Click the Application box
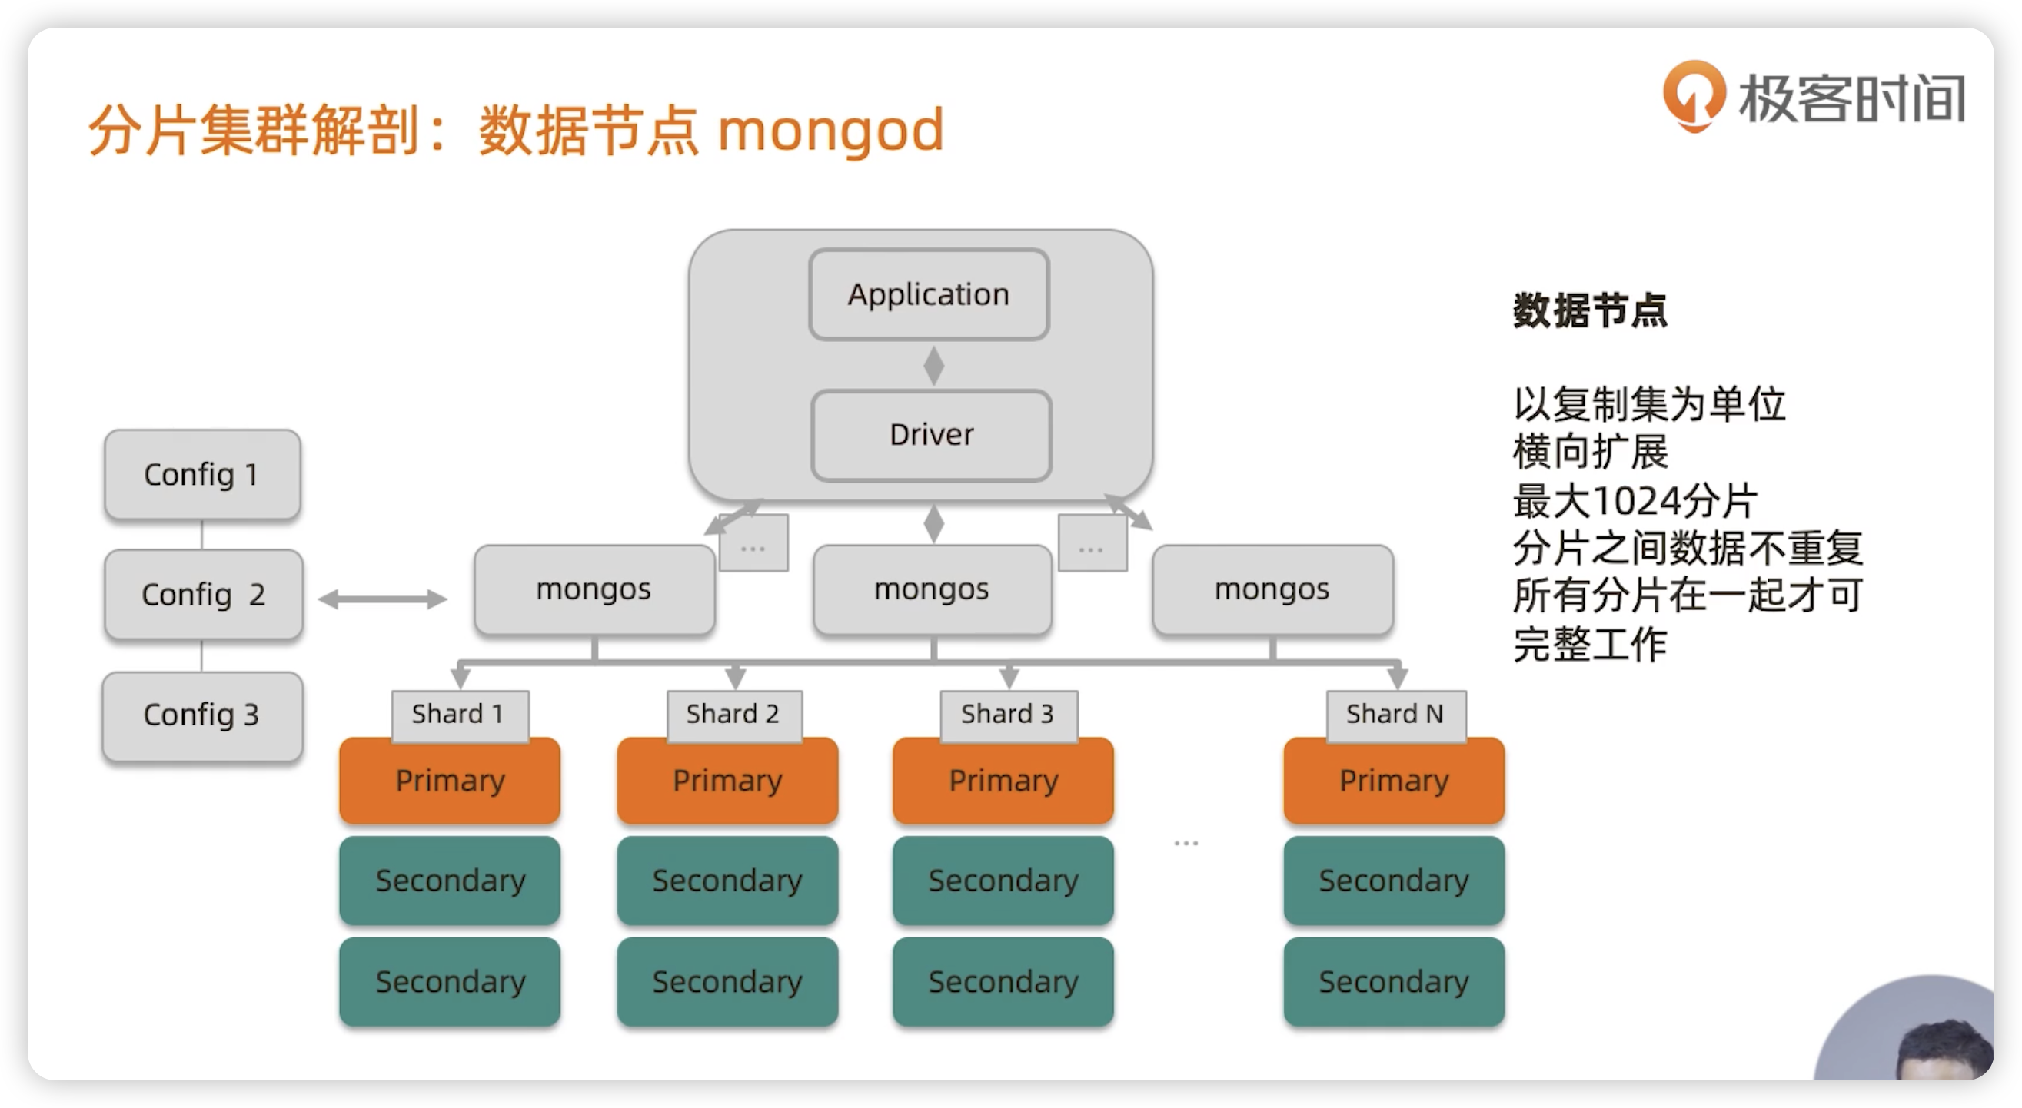tap(929, 294)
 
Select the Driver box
tap(931, 435)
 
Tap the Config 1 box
tap(202, 474)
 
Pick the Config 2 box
tap(203, 594)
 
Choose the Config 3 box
tap(202, 715)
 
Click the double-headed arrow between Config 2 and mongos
tap(383, 599)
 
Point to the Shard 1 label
tap(460, 715)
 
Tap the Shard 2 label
tap(734, 715)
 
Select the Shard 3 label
tap(1009, 715)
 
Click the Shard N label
tap(1395, 715)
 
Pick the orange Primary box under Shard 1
tap(450, 781)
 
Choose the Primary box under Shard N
tap(1394, 781)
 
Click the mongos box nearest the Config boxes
tap(594, 589)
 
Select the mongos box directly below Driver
tap(933, 589)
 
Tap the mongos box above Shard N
tap(1272, 589)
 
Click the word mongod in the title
tap(830, 132)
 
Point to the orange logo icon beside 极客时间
tap(1694, 95)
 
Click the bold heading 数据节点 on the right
tap(1590, 310)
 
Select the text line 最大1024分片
tap(1635, 500)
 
